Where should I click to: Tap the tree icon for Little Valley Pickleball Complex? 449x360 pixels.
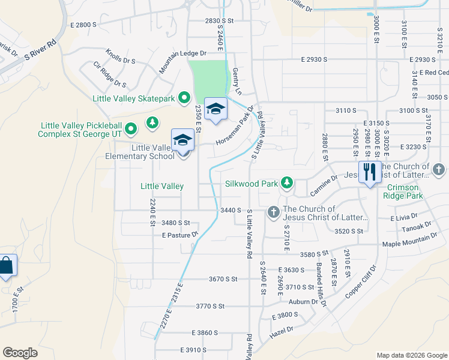152,122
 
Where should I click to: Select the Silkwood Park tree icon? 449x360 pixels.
287,183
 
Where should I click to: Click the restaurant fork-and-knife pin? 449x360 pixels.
369,172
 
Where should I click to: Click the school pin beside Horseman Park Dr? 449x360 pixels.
215,109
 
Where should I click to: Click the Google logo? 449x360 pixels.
20,352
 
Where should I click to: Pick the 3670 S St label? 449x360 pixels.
223,279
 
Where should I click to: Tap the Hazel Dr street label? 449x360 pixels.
282,329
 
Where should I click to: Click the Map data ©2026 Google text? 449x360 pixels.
411,355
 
